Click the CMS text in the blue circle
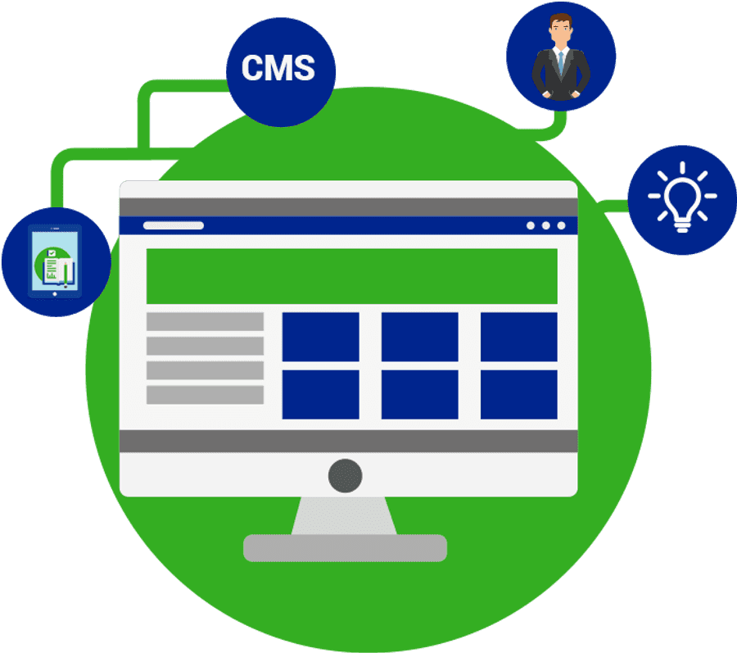(x=278, y=68)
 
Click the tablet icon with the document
(x=55, y=261)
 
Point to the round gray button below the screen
(x=345, y=475)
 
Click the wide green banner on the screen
(x=351, y=276)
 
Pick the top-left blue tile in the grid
(x=320, y=337)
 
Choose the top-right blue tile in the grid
(x=518, y=337)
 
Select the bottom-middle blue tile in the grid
(x=419, y=395)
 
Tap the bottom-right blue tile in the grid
(x=518, y=395)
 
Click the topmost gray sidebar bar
(x=205, y=321)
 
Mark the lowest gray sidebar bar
(x=205, y=395)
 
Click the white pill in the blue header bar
(x=174, y=225)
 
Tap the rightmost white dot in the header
(x=561, y=225)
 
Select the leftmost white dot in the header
(x=531, y=225)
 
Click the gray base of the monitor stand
(x=345, y=548)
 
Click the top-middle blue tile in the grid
(x=419, y=337)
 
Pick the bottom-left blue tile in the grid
(x=320, y=395)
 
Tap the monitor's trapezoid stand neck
(x=345, y=515)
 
